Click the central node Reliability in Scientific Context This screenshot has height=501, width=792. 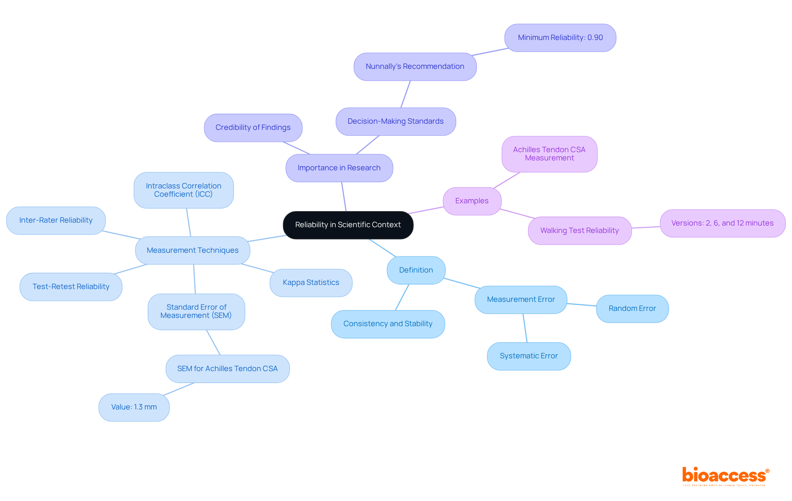tap(348, 225)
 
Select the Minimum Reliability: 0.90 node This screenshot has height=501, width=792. tap(560, 38)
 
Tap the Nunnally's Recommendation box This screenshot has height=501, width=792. tap(415, 66)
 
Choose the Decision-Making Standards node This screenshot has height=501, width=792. tap(395, 121)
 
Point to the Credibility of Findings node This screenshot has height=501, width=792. tap(253, 127)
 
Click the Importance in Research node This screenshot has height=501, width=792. tap(339, 168)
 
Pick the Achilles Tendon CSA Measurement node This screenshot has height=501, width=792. tap(549, 154)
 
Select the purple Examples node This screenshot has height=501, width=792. tap(471, 201)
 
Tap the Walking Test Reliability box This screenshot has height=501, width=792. tap(579, 231)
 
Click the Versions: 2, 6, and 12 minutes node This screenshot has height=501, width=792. tap(722, 223)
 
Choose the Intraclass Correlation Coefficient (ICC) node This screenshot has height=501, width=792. tap(184, 190)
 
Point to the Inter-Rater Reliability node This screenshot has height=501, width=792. tap(56, 220)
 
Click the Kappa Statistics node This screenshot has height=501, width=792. tap(311, 282)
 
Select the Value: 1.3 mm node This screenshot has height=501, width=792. tap(134, 407)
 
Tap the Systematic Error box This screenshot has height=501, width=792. tap(528, 356)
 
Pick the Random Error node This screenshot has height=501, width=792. tap(632, 308)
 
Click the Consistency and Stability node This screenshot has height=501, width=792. tap(388, 324)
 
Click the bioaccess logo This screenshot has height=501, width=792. tap(725, 476)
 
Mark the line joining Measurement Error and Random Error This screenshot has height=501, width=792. tap(582, 305)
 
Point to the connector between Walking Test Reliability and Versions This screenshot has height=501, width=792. tap(646, 227)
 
